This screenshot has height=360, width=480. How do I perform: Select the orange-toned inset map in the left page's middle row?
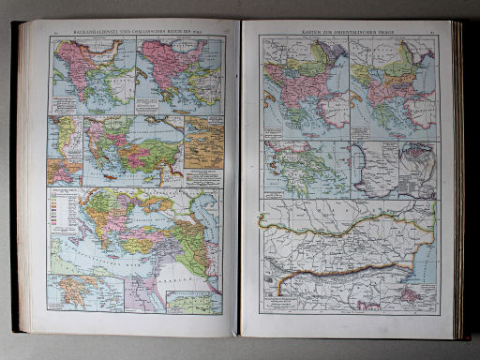tap(202, 147)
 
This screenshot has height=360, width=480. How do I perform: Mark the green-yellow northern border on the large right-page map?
tap(347, 221)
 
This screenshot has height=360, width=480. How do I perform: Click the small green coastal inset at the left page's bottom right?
tap(196, 302)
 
